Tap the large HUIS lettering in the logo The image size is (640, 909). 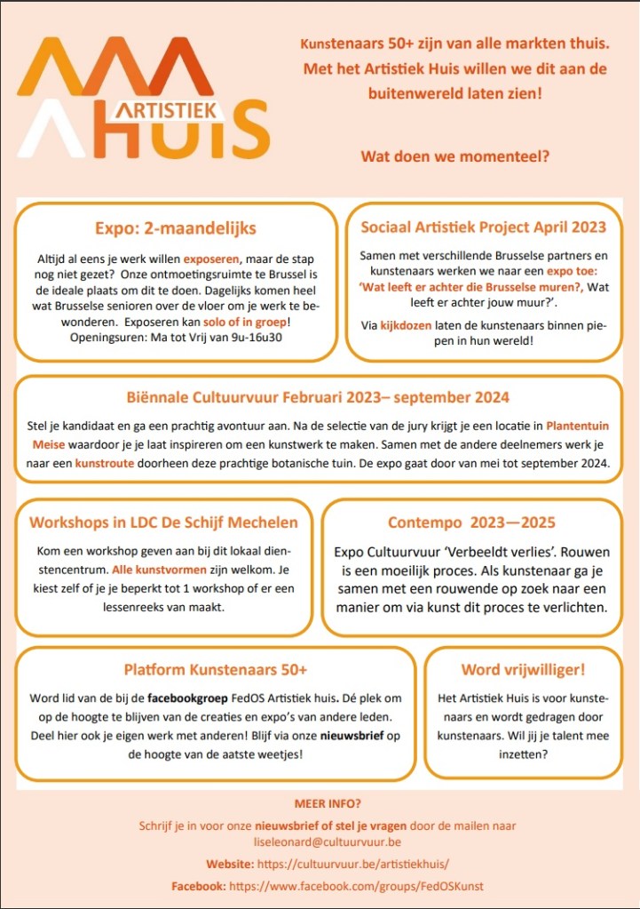(186, 133)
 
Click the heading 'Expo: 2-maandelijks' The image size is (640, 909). (176, 228)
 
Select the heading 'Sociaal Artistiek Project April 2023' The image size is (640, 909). (484, 227)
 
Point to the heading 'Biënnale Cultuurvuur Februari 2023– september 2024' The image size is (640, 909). (318, 396)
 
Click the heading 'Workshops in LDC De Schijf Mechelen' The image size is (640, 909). (163, 522)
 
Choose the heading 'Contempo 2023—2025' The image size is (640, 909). (471, 522)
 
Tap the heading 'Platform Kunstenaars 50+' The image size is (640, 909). (216, 669)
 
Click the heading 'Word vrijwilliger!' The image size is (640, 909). (523, 669)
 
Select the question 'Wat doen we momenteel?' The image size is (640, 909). (454, 156)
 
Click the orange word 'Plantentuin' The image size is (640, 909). (578, 426)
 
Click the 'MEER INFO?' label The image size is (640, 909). (320, 805)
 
